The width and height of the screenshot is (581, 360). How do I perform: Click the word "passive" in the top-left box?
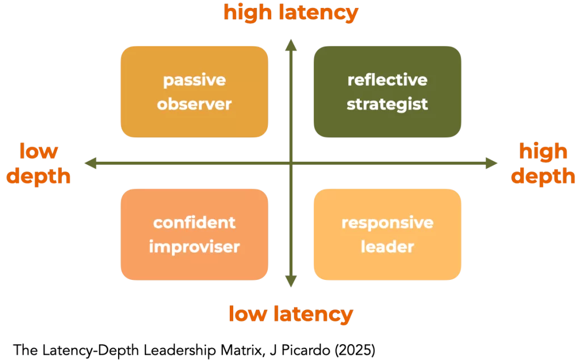194,80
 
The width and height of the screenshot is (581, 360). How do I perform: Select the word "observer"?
194,104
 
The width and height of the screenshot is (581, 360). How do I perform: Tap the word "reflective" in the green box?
387,80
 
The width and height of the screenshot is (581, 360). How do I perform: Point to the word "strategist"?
387,104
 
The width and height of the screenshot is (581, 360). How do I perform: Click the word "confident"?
194,222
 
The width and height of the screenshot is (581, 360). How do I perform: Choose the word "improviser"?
194,247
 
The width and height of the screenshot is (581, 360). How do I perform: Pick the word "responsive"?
387,222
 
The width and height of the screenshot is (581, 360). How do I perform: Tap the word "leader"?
387,247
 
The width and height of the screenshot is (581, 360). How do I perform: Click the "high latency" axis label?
290,12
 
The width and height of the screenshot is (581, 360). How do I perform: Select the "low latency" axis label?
290,313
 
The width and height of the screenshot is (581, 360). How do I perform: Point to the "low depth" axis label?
39,164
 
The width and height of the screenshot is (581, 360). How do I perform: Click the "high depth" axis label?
543,164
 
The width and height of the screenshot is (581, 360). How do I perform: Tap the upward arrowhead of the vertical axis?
290,44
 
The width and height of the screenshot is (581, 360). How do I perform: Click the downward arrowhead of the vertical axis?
290,282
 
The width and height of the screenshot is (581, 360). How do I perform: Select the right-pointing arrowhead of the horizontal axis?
492,164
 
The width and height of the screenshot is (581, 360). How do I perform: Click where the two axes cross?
290,164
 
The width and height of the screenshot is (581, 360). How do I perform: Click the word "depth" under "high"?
543,176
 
